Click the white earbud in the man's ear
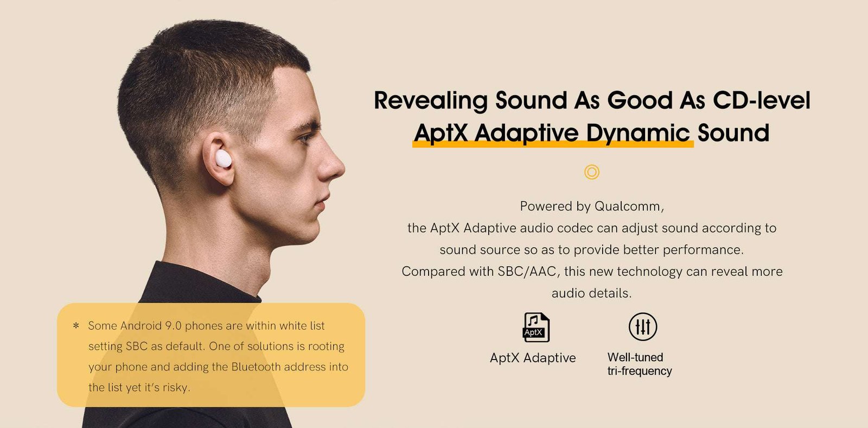pos(223,159)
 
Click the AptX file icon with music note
pos(536,327)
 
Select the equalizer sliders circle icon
pos(643,326)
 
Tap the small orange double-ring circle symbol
pos(592,172)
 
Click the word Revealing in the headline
pos(431,101)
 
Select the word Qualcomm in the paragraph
pos(628,206)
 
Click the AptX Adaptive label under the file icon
pos(533,358)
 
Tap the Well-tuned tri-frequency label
pos(639,364)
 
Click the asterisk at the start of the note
pos(76,326)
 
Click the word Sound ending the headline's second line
pos(733,134)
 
